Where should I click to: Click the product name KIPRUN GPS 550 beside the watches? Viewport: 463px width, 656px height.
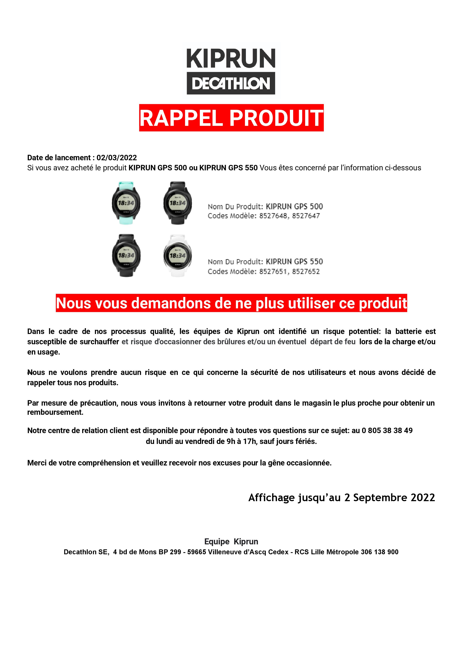pos(294,262)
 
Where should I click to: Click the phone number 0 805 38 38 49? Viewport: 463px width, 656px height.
pos(387,431)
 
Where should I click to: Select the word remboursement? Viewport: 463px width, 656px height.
pos(55,412)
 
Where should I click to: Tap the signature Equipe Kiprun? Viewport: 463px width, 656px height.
pos(231,541)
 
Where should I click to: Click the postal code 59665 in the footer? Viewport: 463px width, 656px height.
pos(196,552)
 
